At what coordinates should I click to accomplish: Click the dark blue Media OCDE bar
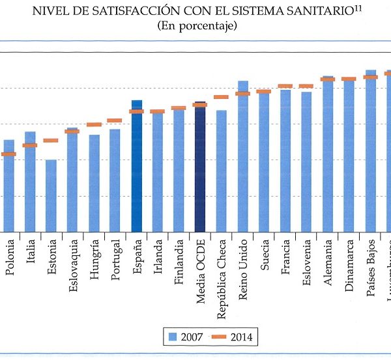point(200,168)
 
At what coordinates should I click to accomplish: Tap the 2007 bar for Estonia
point(51,195)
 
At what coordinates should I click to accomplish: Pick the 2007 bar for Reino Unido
point(243,156)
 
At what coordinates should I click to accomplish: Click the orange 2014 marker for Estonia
point(51,141)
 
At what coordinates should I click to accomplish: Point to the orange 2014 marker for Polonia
point(8,154)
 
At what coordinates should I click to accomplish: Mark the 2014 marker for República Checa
point(222,97)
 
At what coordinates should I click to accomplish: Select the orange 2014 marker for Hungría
point(94,124)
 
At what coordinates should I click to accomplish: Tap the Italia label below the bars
point(31,252)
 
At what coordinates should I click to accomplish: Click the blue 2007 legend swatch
point(173,337)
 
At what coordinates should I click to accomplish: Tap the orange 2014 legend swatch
point(225,337)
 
